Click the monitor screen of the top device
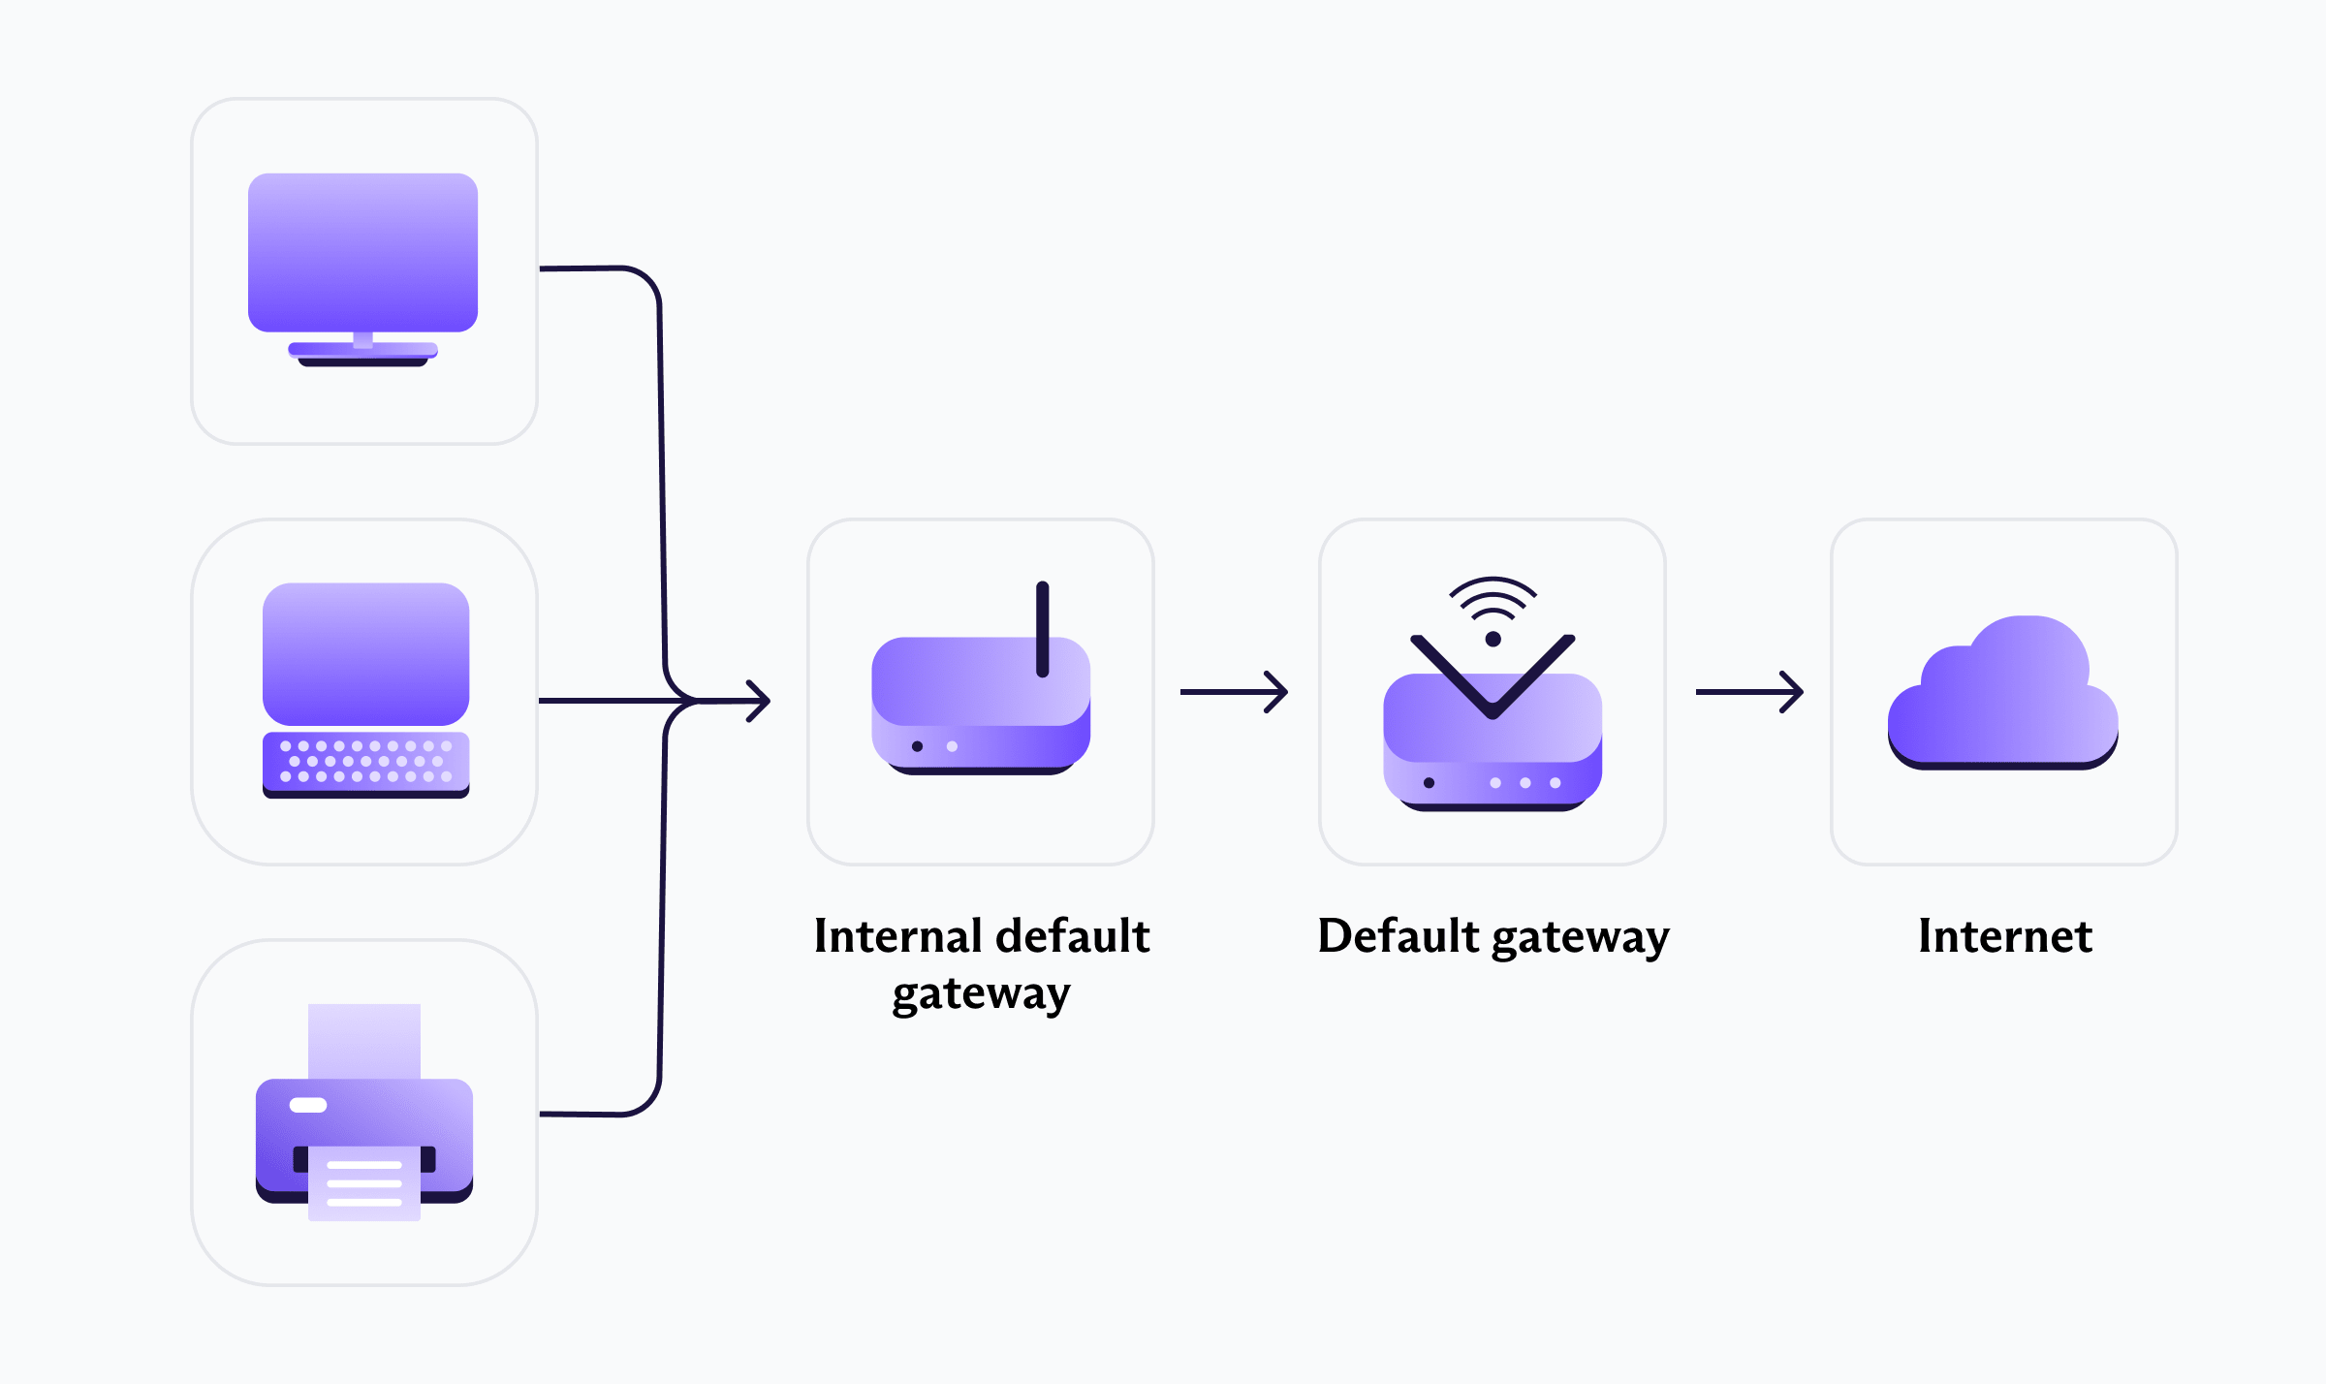point(362,252)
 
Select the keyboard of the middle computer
point(366,765)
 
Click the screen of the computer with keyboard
point(366,653)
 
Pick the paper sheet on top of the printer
point(364,1041)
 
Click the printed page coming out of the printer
point(364,1183)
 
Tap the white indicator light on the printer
point(308,1105)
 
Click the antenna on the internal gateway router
point(1043,629)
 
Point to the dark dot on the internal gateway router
point(917,746)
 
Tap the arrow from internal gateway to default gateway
point(1234,692)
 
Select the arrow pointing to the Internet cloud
point(1749,692)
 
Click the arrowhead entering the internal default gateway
point(759,700)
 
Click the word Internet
point(2005,936)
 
